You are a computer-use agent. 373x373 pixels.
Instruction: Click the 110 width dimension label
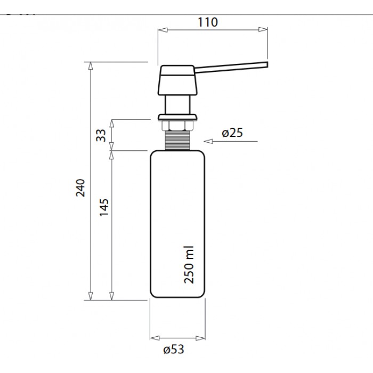(x=208, y=22)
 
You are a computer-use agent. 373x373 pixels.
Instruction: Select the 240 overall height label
(x=80, y=188)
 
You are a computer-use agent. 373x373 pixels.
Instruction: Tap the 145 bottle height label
(x=104, y=207)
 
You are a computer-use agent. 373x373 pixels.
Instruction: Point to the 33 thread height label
(x=101, y=135)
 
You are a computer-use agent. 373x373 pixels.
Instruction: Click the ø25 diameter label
(x=232, y=133)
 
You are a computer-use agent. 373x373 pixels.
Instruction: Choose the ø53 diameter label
(x=174, y=350)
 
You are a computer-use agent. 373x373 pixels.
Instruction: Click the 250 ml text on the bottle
(x=189, y=265)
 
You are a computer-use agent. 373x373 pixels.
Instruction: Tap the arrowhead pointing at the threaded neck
(x=208, y=141)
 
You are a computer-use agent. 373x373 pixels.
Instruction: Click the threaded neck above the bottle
(x=177, y=140)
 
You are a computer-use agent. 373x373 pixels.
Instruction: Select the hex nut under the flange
(x=177, y=126)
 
